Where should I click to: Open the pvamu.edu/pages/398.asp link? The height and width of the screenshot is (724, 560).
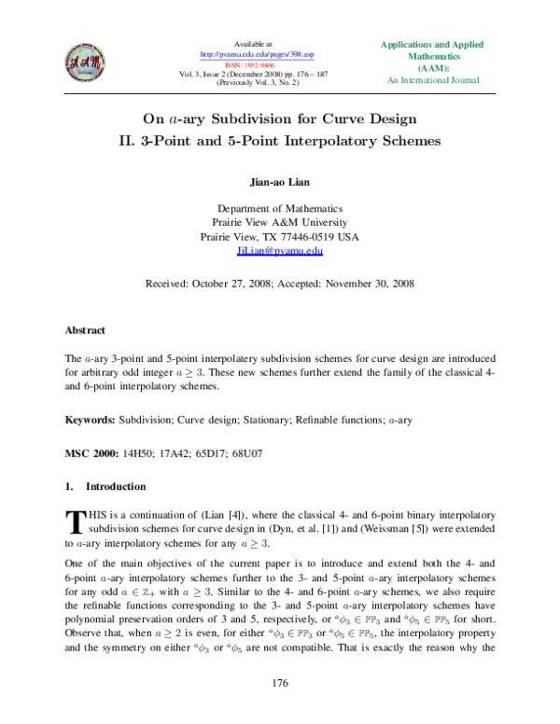251,53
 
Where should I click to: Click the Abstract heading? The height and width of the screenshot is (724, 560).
84,330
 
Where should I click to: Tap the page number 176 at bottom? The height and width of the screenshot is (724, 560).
280,685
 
